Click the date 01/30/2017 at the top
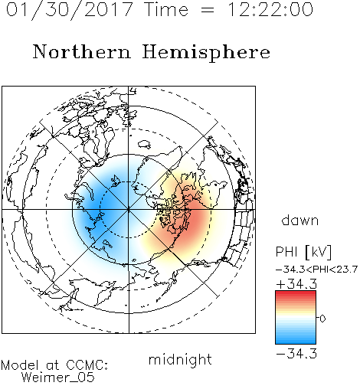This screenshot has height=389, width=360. point(70,10)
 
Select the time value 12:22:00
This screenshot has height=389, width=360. point(270,10)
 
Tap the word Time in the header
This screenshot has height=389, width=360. point(166,10)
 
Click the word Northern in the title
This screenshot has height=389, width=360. point(82,51)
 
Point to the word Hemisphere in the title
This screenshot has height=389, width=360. point(206,53)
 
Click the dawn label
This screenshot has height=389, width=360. point(300,221)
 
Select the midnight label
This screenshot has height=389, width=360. point(180,360)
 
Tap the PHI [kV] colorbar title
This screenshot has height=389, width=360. point(303,252)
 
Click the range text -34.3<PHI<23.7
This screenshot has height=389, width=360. point(316,270)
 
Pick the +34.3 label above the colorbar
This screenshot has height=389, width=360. point(296,284)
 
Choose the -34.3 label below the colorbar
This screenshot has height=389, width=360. point(296,354)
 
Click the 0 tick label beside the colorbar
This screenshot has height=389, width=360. point(322,319)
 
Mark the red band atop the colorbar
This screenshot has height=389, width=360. point(296,295)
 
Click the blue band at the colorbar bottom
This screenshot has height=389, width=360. point(296,339)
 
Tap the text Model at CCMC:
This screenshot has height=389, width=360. point(54,365)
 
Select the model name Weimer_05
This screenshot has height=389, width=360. point(58,378)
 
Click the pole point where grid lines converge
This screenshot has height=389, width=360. point(129,210)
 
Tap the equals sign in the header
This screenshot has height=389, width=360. point(208,10)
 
